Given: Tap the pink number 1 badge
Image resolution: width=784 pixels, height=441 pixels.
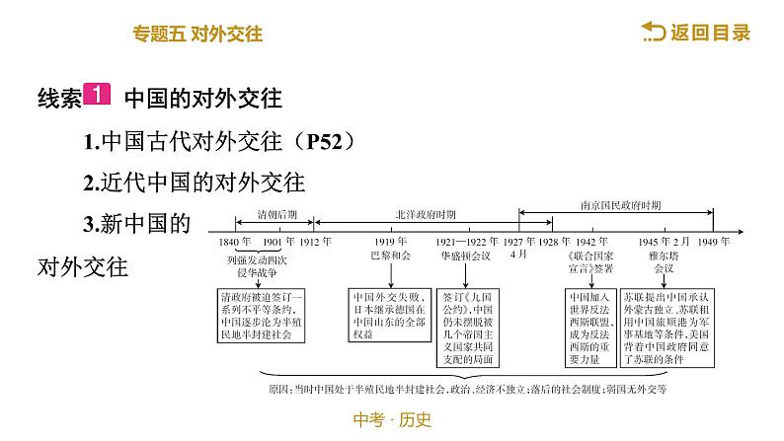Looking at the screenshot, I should point(98,97).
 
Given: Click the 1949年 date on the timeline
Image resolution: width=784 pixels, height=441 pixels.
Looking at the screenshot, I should point(711,241).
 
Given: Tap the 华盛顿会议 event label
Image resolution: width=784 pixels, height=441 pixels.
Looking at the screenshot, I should point(463,255).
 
